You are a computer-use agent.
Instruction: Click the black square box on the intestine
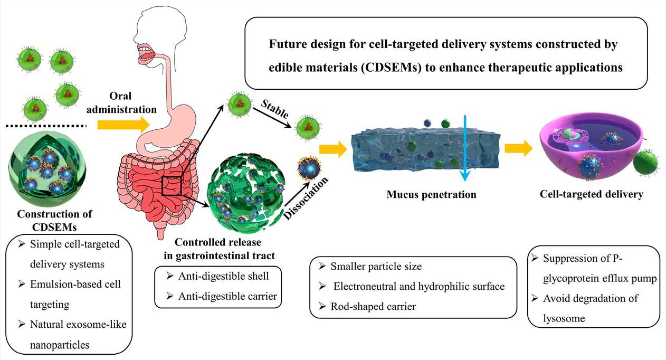click(x=172, y=186)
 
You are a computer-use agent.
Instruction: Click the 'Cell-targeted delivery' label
click(x=591, y=194)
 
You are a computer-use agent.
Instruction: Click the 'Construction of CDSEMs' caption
click(x=54, y=220)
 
